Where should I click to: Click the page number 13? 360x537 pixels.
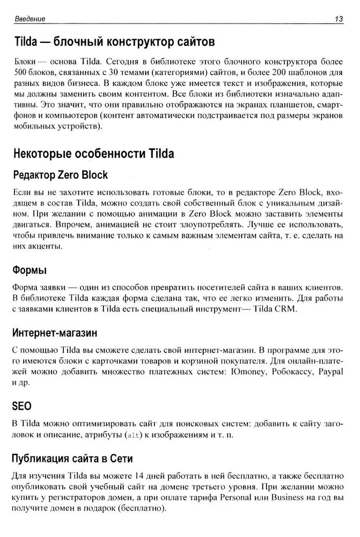point(339,19)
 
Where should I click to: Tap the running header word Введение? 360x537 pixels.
point(30,19)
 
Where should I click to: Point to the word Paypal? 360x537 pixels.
point(331,372)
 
